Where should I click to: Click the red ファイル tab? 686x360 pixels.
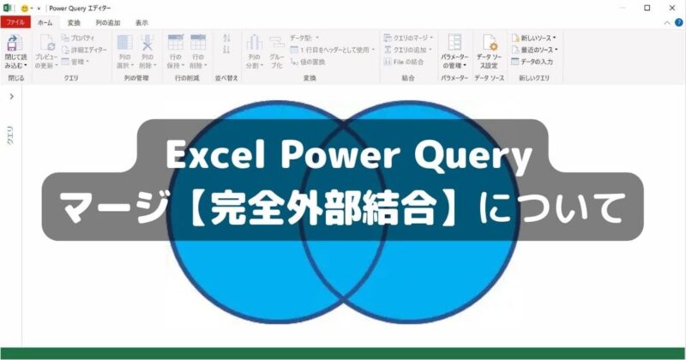point(15,23)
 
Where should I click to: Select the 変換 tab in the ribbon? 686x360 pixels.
point(74,23)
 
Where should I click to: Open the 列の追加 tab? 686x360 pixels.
point(107,23)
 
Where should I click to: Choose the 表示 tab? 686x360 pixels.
point(141,23)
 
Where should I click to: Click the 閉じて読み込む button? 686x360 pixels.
point(15,52)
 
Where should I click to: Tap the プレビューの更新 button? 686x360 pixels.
point(46,52)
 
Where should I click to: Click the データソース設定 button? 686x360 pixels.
point(490,52)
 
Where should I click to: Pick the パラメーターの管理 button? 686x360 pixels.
point(454,52)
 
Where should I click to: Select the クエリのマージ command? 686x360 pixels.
point(410,39)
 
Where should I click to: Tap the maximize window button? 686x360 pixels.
point(647,7)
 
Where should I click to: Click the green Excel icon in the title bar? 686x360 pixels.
point(7,7)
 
